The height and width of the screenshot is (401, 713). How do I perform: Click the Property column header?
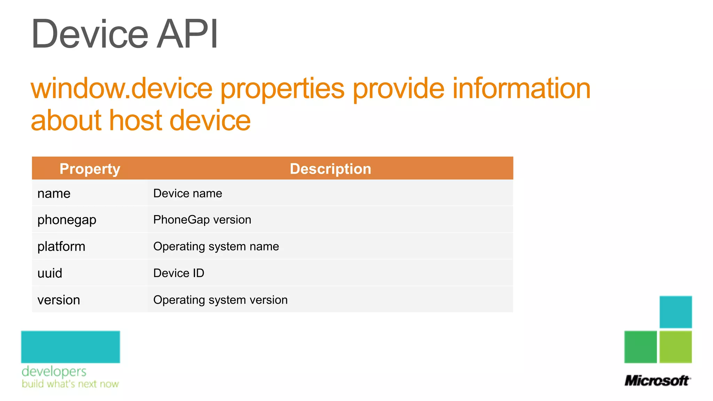(90, 169)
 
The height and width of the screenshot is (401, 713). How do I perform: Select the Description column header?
(330, 169)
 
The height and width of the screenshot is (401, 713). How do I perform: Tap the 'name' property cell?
(54, 194)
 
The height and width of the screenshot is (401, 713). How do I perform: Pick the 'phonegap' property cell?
(67, 220)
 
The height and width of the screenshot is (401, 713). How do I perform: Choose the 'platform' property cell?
(61, 247)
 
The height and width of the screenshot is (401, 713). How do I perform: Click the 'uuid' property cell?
(50, 273)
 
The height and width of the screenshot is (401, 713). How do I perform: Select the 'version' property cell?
(59, 300)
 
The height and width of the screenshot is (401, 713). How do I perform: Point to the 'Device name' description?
(188, 194)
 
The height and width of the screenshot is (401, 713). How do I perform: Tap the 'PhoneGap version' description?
(202, 220)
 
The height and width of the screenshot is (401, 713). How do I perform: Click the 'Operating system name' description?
(216, 247)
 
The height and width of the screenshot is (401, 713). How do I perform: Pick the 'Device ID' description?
(179, 273)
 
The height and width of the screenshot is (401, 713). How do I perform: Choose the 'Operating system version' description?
(220, 300)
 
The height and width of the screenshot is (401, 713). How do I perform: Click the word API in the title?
(187, 34)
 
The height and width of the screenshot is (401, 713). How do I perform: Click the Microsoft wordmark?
(657, 381)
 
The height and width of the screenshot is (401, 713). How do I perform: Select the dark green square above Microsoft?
(641, 347)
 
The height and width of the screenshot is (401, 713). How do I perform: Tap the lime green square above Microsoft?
(675, 347)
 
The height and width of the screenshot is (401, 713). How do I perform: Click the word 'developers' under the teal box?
(54, 372)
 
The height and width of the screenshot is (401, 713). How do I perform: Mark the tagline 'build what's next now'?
(70, 384)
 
